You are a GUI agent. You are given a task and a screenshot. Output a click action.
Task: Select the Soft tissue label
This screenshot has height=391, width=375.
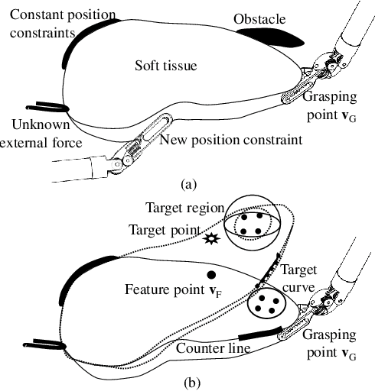[165, 66]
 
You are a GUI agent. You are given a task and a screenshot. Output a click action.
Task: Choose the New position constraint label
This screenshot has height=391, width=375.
[231, 140]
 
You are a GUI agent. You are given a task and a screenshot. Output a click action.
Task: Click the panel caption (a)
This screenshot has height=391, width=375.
[188, 184]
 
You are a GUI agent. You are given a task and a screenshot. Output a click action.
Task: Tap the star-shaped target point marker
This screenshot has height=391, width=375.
[211, 240]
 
